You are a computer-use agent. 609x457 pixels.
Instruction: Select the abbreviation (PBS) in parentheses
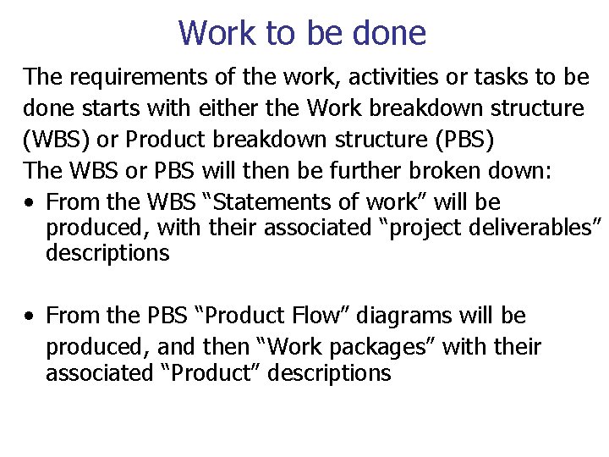pos(486,139)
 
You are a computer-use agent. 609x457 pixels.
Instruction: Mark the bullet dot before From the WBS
pos(30,203)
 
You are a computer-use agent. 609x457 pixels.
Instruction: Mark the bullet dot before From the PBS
pos(30,317)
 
